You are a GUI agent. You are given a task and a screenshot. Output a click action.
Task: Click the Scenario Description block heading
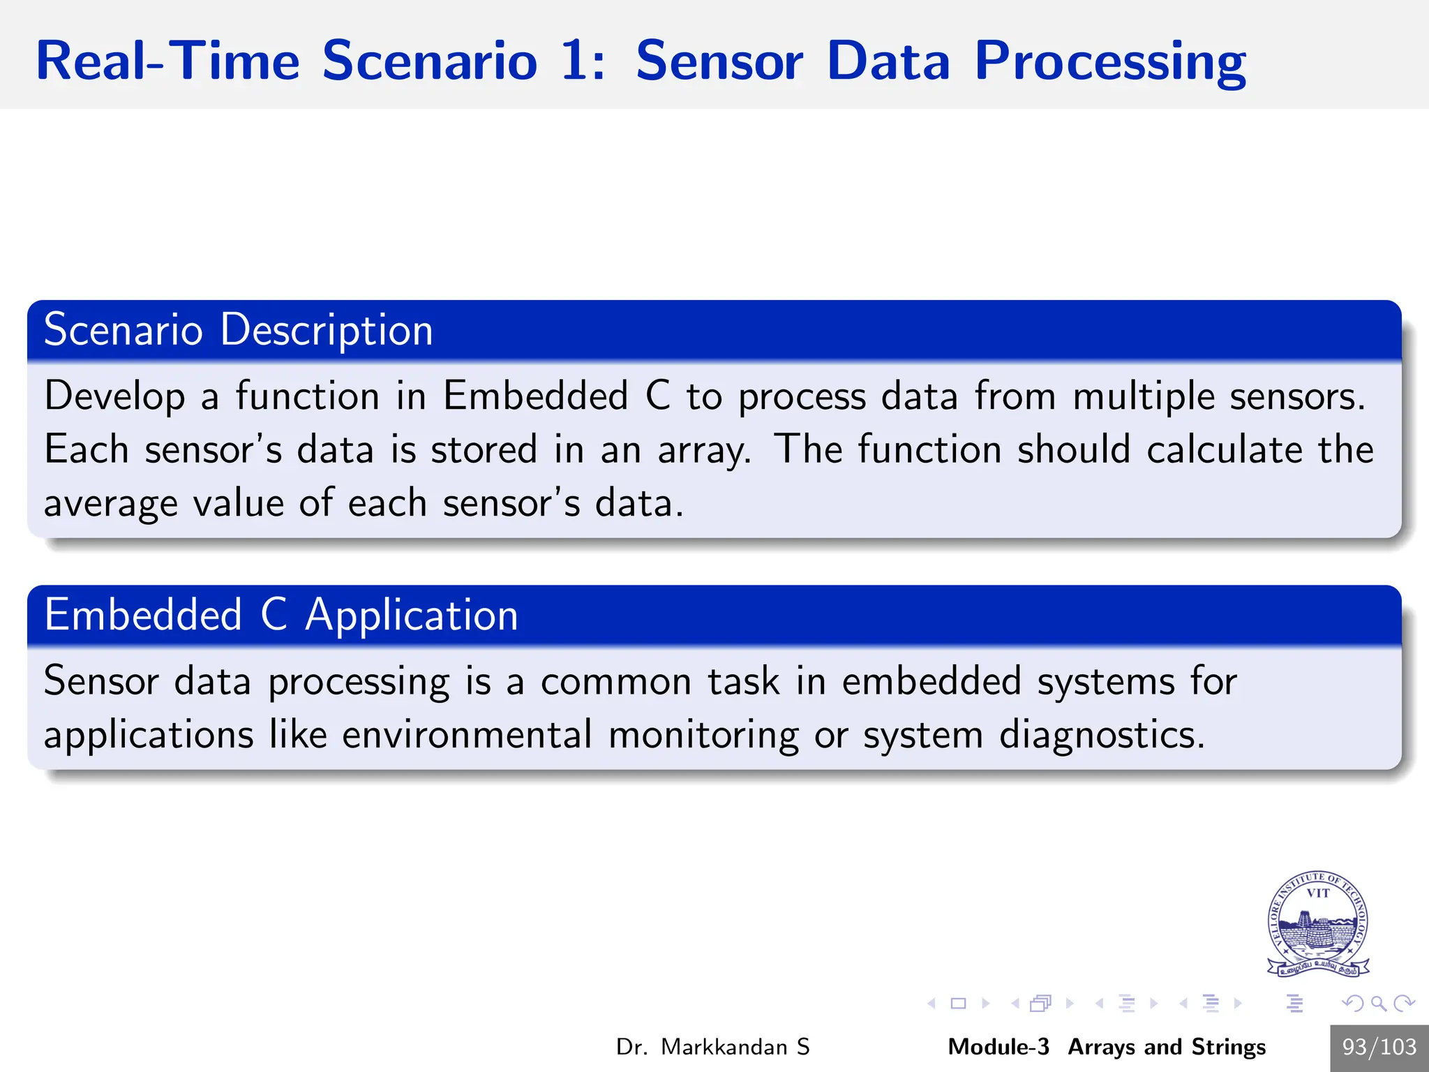238,329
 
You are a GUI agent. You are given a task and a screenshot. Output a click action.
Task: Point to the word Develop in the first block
114,396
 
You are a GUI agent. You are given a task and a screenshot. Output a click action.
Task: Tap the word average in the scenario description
110,504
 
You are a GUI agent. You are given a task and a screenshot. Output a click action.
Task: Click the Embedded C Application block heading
280,615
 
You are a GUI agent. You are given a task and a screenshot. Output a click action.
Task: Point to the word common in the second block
615,681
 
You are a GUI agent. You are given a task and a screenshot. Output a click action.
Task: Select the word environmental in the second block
467,735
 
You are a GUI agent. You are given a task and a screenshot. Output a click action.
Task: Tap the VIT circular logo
1317,923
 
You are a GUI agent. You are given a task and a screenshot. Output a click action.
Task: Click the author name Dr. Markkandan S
712,1047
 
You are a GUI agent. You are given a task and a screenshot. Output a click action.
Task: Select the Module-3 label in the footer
998,1047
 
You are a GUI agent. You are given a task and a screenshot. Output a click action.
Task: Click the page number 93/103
1379,1047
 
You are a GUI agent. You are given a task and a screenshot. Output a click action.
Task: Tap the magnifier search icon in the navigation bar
1378,1004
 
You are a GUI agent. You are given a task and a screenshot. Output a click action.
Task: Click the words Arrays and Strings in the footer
1167,1047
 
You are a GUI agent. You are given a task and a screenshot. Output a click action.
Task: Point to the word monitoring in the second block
703,735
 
